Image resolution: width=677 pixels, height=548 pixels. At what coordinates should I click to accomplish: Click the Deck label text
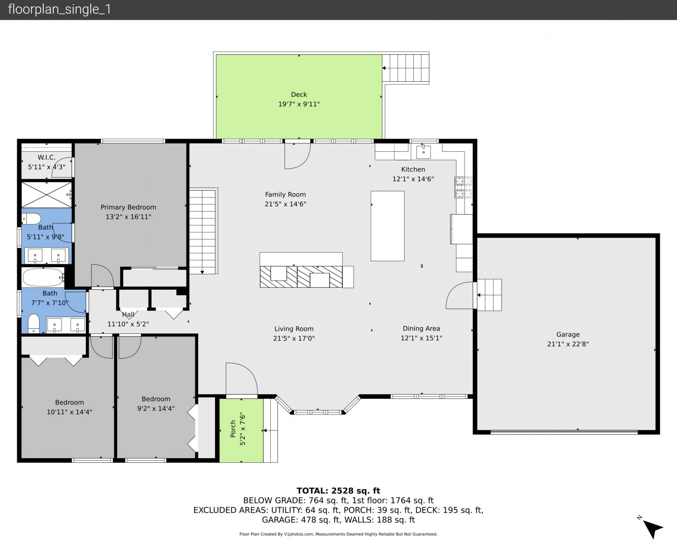coord(299,94)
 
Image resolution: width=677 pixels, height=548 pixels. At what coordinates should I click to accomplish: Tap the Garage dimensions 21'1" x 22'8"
coord(567,344)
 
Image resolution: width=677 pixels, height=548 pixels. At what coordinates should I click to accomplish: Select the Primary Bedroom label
coord(128,208)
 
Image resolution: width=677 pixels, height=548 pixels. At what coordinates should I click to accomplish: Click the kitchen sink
coord(423,152)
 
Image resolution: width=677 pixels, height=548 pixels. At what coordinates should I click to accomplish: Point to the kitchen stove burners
coord(464,187)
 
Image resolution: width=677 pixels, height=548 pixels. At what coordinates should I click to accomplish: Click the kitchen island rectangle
coord(387,226)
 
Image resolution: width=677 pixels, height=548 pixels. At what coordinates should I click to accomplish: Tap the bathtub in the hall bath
coord(43,278)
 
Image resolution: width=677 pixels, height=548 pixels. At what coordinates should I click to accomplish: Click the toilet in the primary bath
coord(31,219)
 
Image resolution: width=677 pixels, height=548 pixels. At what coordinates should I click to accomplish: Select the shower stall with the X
coord(47,195)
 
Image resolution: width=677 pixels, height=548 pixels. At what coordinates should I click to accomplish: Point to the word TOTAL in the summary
coord(312,491)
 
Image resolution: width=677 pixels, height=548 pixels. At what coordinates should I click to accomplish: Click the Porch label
coord(233,429)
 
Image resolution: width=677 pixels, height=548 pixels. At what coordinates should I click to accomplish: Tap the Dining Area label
coord(421,328)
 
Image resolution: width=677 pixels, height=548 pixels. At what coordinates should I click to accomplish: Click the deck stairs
coord(406,68)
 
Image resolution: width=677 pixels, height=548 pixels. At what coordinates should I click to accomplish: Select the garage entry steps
coord(489,295)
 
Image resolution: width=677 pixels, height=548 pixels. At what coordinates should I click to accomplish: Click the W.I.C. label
coord(47,157)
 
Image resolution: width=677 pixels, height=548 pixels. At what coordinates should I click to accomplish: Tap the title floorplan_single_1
coord(59,9)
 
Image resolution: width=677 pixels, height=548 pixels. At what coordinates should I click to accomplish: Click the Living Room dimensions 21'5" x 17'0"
coord(294,338)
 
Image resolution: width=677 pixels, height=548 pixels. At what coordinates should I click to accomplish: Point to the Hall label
coord(128,315)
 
